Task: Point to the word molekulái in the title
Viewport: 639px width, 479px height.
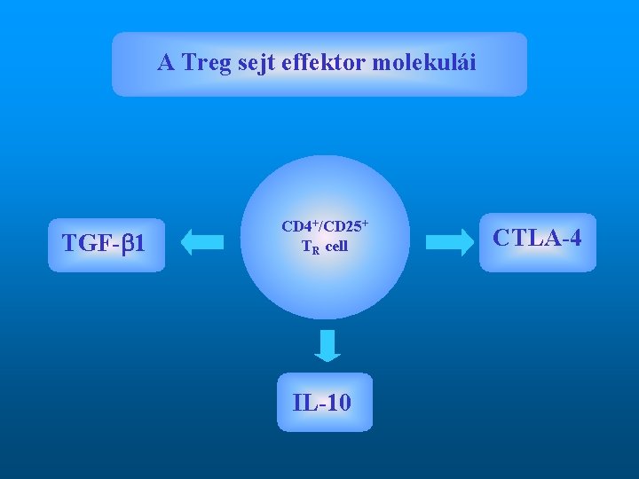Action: point(424,63)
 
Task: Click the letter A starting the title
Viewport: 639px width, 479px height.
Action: point(166,63)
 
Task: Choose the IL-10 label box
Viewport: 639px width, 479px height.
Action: point(324,403)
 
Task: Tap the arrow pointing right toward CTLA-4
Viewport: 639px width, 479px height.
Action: point(450,240)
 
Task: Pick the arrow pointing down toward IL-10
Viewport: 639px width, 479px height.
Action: point(327,346)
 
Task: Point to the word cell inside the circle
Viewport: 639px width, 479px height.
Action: point(336,247)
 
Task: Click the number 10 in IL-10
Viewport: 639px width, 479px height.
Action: point(338,403)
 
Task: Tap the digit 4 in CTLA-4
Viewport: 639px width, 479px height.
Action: point(575,238)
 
